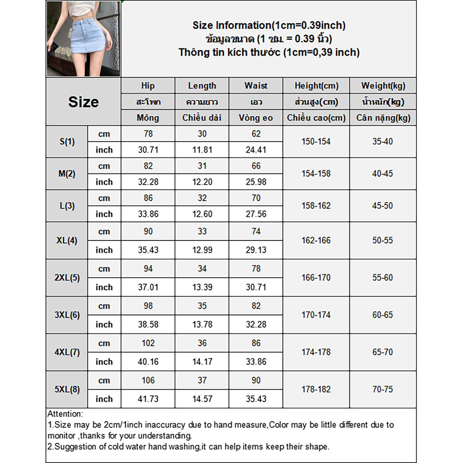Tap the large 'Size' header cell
[x=83, y=102]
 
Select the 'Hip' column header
[x=148, y=86]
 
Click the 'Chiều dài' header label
[x=202, y=118]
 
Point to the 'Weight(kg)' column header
[x=383, y=86]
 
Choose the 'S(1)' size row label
[x=67, y=142]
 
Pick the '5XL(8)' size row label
[x=67, y=389]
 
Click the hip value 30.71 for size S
[x=148, y=150]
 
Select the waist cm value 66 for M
[x=256, y=166]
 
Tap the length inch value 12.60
[x=202, y=214]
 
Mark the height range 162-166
[x=316, y=240]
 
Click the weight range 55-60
[x=383, y=278]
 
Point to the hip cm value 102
[x=148, y=343]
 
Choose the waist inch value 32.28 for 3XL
[x=256, y=325]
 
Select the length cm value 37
[x=202, y=381]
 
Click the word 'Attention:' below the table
[x=65, y=414]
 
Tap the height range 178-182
[x=316, y=389]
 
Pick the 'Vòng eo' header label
[x=256, y=118]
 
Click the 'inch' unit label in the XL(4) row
[x=104, y=250]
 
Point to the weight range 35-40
[x=383, y=142]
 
